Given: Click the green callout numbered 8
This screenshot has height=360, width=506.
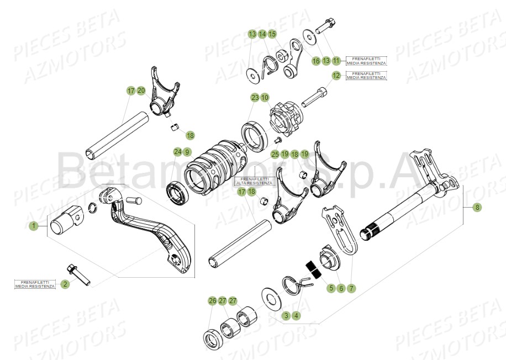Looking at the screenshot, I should click(x=478, y=208).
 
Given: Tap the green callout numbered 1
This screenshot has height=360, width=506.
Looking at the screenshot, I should click(x=34, y=226).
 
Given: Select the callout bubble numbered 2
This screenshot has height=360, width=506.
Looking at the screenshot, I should click(x=65, y=284).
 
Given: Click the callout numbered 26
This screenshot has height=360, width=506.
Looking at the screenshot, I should click(x=212, y=301).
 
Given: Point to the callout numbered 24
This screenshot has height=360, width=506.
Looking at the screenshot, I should click(x=177, y=152).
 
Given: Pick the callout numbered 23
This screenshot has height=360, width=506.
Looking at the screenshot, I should click(x=255, y=98).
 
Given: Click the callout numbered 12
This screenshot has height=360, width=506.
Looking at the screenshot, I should click(x=336, y=75).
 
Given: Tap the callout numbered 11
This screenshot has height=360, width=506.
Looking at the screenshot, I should click(x=336, y=60).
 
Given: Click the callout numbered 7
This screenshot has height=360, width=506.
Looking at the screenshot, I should click(x=351, y=288).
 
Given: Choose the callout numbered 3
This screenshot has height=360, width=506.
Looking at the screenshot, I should click(x=286, y=316).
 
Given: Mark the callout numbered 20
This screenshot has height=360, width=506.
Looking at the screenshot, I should click(x=141, y=90).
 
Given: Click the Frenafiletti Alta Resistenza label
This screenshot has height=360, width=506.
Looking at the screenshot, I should click(x=254, y=182).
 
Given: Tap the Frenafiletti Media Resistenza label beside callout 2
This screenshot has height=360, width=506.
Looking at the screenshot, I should click(x=35, y=284).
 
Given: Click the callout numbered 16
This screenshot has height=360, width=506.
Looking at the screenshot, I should click(x=316, y=60).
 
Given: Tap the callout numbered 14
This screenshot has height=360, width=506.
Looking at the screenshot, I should click(x=262, y=34).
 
